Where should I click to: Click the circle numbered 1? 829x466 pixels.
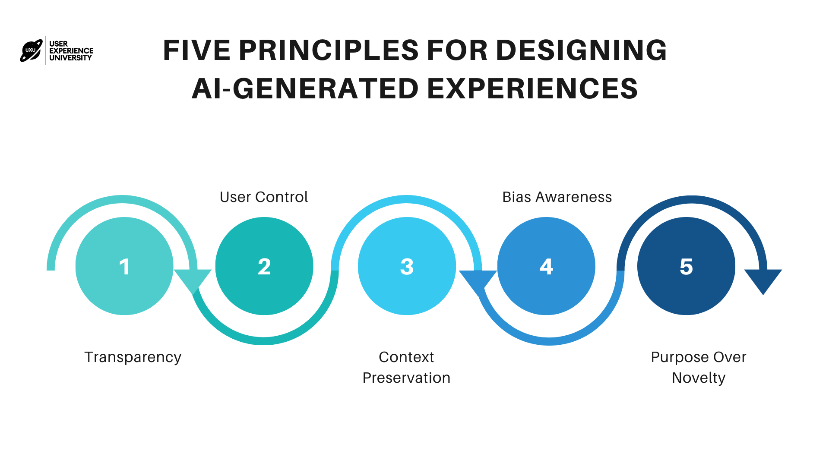click(124, 266)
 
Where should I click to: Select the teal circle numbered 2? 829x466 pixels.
click(264, 266)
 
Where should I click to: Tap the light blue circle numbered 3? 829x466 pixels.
click(407, 266)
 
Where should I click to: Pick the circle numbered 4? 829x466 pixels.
click(546, 266)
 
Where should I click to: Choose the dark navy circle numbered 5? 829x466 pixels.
click(686, 266)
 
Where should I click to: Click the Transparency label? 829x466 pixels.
click(133, 357)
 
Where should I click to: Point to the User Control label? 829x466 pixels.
click(264, 197)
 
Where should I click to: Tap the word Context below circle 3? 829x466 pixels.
click(406, 357)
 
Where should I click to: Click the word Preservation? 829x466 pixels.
click(406, 378)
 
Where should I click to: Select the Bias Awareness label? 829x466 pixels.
click(557, 197)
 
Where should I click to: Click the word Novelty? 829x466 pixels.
click(699, 378)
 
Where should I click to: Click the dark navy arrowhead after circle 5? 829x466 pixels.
click(763, 280)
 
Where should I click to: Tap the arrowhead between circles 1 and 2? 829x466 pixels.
click(193, 280)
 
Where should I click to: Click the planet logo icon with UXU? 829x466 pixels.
click(32, 50)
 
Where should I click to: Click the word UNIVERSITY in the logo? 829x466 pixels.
click(70, 58)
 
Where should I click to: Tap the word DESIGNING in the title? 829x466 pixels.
click(581, 50)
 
